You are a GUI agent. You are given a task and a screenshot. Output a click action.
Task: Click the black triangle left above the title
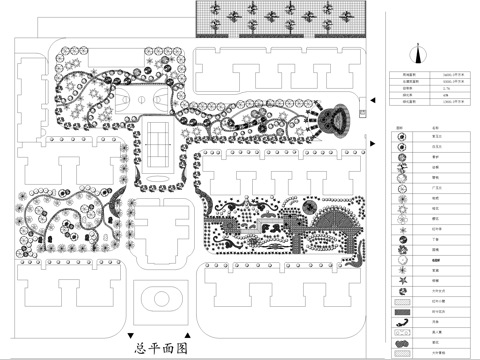[x=130, y=334]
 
